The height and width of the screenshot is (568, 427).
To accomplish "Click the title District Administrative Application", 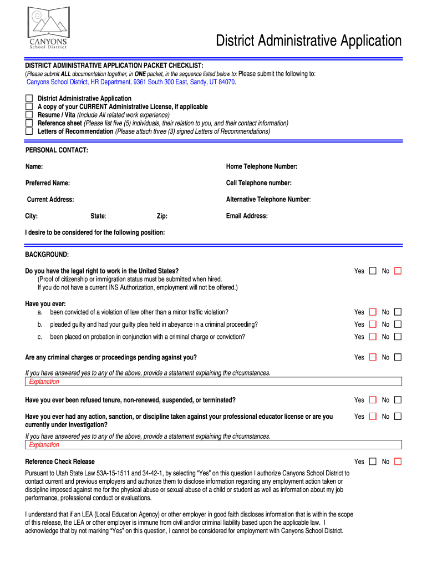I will (308, 41).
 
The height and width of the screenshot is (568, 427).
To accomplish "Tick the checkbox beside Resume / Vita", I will (29, 115).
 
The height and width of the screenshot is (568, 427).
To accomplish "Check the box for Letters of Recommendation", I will (29, 131).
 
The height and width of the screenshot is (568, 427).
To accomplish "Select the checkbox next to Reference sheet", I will (29, 123).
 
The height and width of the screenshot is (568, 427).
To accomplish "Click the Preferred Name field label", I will (48, 183).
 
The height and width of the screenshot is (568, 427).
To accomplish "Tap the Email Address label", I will (247, 216).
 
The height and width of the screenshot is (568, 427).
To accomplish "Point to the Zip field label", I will (162, 216).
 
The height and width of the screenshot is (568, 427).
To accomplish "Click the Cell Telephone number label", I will (258, 183).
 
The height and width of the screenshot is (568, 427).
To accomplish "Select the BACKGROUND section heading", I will (47, 255).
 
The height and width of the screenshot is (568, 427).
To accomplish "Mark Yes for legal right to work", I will (373, 271).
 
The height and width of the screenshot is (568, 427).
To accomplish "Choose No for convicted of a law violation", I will (398, 312).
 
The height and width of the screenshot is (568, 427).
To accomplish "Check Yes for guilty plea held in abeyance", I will (373, 324).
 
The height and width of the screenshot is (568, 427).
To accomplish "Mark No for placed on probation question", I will (398, 337).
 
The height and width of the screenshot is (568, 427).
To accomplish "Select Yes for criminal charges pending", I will (373, 357).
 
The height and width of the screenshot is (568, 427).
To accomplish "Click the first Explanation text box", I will (213, 382).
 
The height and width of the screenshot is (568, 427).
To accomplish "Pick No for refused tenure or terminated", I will (398, 400).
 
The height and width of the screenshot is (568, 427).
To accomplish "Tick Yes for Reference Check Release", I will (373, 461).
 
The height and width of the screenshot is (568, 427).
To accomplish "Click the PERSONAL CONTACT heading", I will (57, 150).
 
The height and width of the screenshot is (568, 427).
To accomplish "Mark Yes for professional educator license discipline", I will (373, 417).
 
